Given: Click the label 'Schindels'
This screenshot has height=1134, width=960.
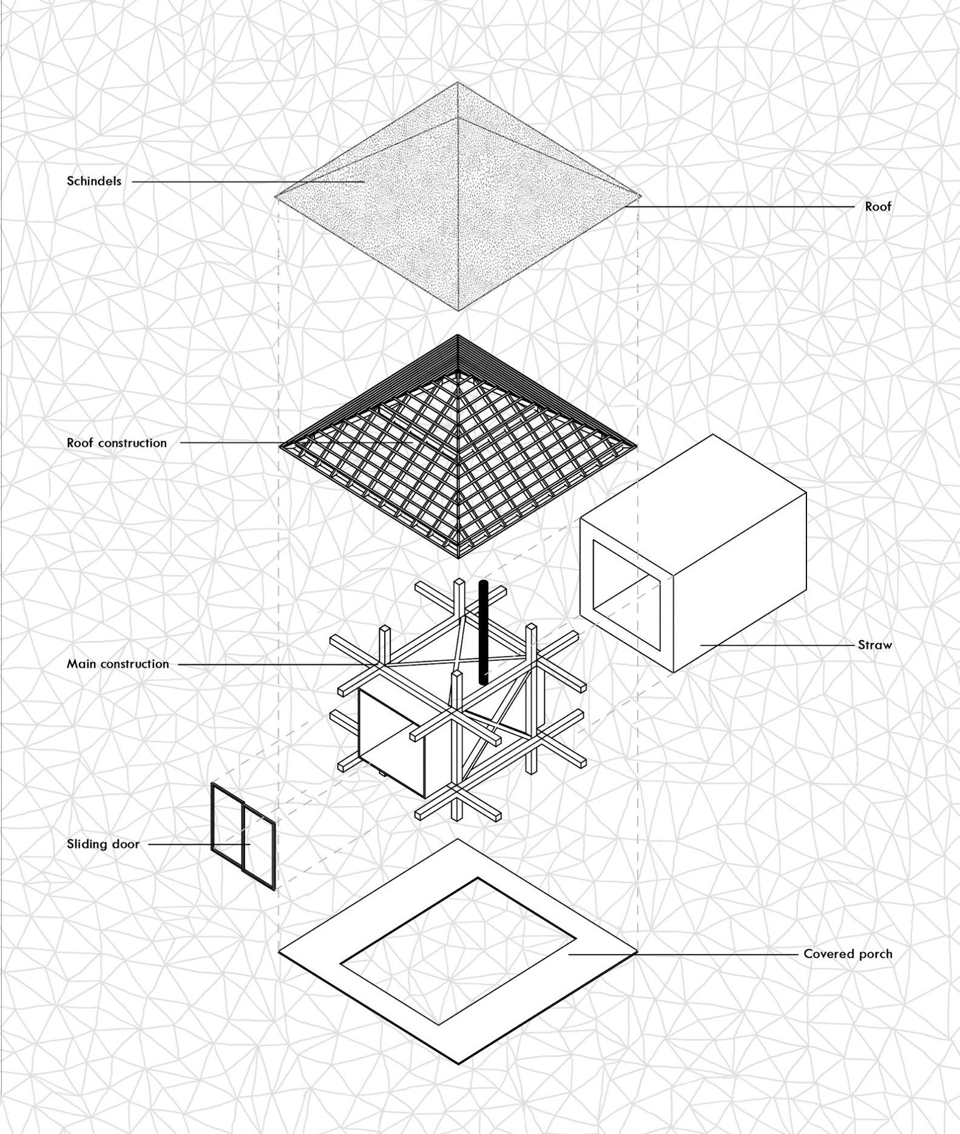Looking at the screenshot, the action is (x=94, y=181).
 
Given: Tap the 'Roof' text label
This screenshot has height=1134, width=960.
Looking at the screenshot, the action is (x=878, y=206).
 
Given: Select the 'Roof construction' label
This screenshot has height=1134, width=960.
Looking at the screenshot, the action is (x=117, y=443).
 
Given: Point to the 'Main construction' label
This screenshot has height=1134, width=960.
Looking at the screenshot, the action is (x=118, y=663).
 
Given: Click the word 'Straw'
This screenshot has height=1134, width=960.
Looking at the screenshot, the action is (x=875, y=645).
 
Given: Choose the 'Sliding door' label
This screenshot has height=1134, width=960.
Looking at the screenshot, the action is (x=103, y=844).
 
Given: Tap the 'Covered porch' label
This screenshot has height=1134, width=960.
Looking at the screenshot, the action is (x=848, y=953).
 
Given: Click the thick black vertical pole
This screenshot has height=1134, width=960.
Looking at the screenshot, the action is (x=483, y=632).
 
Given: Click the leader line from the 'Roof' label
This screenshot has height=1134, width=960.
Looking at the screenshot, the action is (x=741, y=207).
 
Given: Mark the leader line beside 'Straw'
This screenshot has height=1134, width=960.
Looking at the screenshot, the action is (x=777, y=645).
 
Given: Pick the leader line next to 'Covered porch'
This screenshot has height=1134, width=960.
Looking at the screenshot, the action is (x=683, y=954).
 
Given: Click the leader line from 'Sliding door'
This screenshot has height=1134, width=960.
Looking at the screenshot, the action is (x=200, y=844).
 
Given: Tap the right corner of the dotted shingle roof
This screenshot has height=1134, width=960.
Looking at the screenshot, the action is (x=640, y=196).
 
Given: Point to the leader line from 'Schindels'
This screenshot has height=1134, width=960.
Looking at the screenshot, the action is (x=248, y=181).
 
